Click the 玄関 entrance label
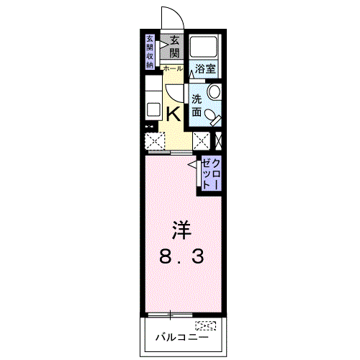click(175, 48)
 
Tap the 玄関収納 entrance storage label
click(150, 51)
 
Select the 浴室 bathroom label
click(205, 69)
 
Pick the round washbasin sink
click(214, 93)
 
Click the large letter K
click(174, 113)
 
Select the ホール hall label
click(173, 68)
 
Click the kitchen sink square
click(153, 110)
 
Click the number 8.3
click(181, 255)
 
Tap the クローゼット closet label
click(208, 174)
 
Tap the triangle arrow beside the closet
click(193, 166)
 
